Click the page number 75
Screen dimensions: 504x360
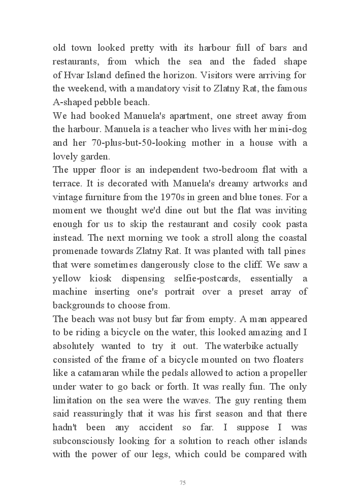coord(182,483)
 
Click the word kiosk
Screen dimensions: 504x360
coord(107,278)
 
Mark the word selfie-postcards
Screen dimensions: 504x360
coord(223,278)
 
